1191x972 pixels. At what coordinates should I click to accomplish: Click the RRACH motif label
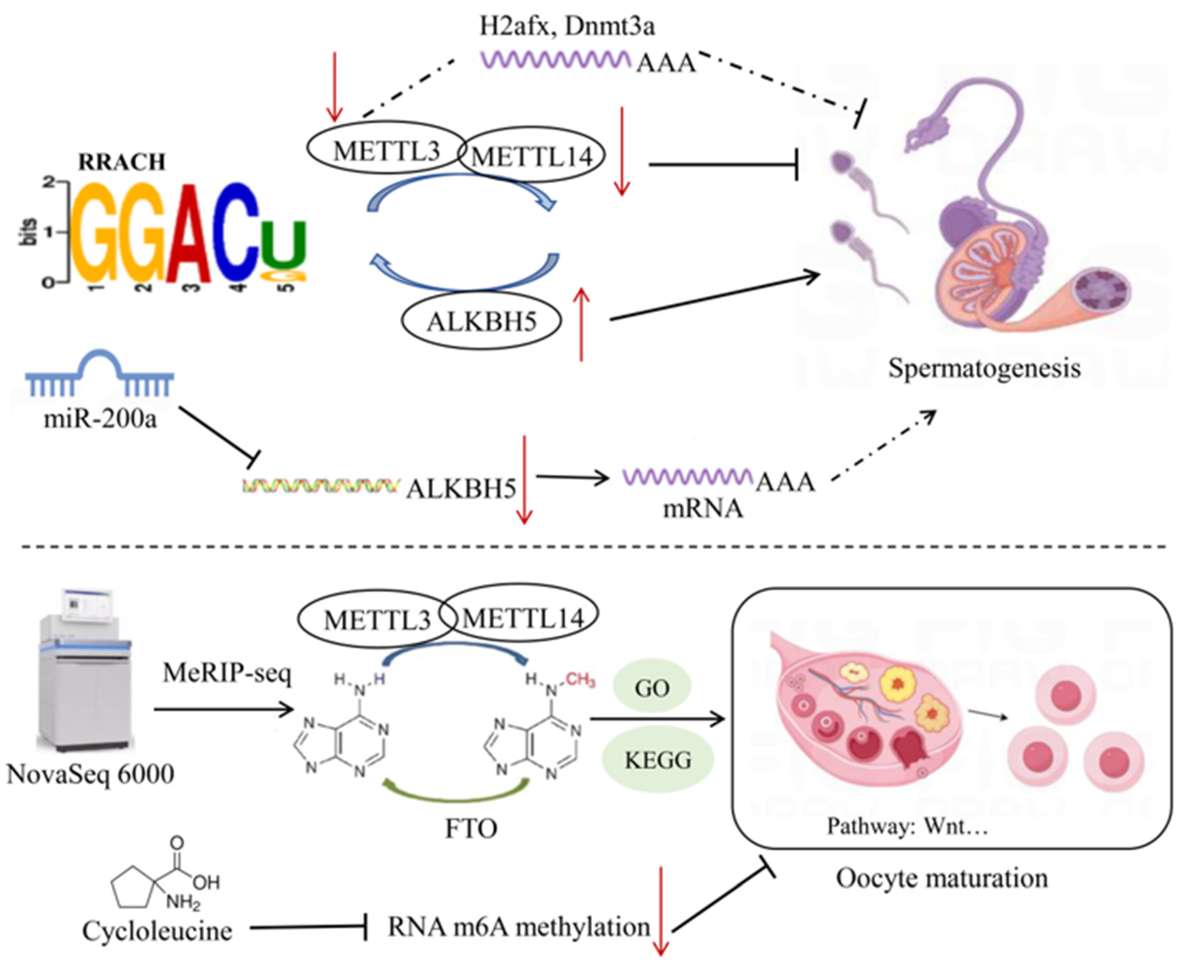point(122,162)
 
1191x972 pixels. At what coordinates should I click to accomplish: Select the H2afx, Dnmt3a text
point(567,26)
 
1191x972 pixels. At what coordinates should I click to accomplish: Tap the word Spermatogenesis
point(984,368)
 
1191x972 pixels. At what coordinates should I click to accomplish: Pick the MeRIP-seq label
point(227,673)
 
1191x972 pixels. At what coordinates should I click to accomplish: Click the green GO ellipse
point(652,688)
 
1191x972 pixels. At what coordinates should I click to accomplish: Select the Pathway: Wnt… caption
point(907,826)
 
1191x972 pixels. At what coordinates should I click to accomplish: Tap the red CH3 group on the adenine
point(580,680)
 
